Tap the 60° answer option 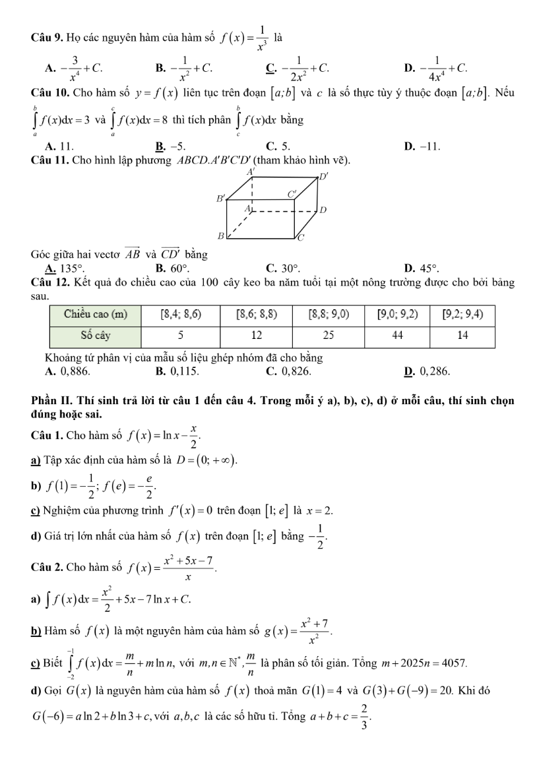[x=179, y=269]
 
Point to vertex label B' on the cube [x=221, y=197]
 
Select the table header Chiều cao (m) [x=96, y=315]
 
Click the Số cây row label [x=96, y=334]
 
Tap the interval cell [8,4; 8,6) [x=181, y=315]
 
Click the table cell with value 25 [x=329, y=334]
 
